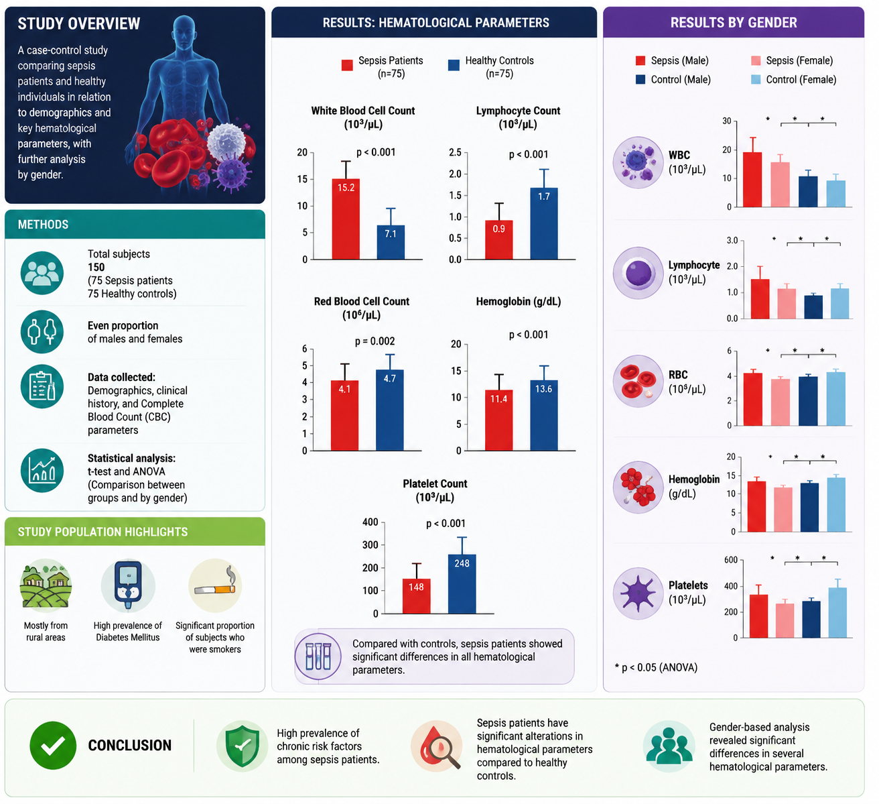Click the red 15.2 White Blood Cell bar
[x=346, y=219]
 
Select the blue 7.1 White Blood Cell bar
[x=391, y=242]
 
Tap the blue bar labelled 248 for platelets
[x=462, y=584]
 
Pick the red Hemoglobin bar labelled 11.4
[x=498, y=420]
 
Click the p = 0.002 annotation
[x=375, y=341]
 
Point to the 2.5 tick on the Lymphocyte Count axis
[x=456, y=152]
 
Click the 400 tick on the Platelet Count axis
[x=370, y=522]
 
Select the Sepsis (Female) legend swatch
[x=756, y=60]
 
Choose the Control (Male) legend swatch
[x=640, y=79]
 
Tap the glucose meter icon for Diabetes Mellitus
[x=128, y=585]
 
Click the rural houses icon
[x=46, y=585]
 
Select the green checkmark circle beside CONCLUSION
[x=53, y=745]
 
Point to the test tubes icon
[x=318, y=656]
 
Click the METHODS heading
[x=43, y=225]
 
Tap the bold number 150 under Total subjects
[x=96, y=267]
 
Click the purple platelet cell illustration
[x=638, y=593]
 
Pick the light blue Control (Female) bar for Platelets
[x=837, y=612]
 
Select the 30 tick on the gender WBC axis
[x=726, y=121]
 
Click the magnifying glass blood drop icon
[x=436, y=746]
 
